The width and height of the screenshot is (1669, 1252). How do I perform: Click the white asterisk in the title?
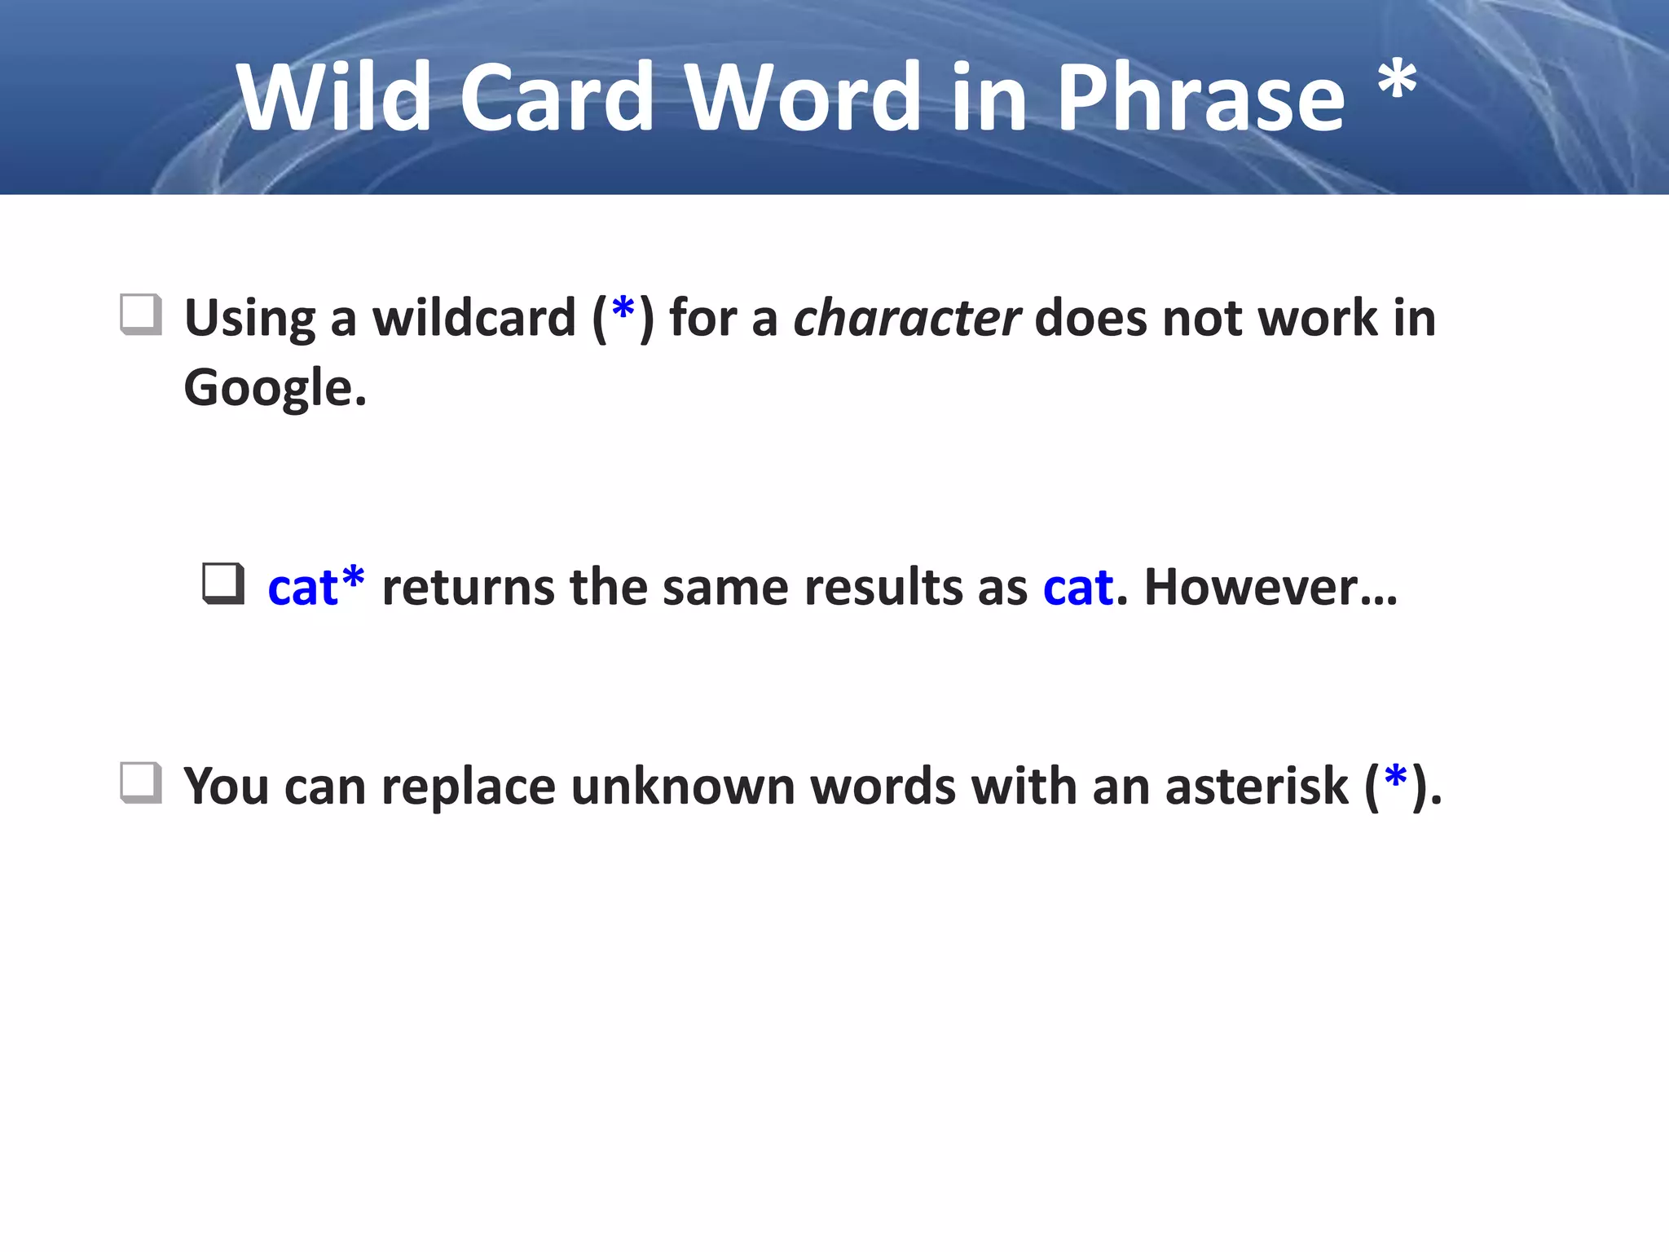coord(1397,82)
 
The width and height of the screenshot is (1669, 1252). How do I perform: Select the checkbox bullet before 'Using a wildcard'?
coord(140,315)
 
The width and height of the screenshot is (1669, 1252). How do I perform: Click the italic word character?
coord(906,318)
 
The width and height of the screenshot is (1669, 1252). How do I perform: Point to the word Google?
coord(273,388)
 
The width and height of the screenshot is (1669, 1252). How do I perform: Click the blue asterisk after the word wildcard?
coord(623,311)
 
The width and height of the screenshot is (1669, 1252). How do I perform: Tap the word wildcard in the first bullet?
coord(474,318)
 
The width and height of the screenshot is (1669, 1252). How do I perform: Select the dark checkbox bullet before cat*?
coord(222,584)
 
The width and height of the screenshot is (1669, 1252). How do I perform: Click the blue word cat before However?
coord(1077,587)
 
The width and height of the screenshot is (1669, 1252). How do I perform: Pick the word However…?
coord(1270,587)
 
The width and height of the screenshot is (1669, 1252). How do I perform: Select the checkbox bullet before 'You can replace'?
coord(140,782)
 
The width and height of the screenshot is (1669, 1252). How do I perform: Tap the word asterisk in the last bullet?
coord(1257,787)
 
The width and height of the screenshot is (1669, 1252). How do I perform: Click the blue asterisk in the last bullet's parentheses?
coord(1395,778)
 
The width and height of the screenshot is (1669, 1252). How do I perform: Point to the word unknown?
coord(682,787)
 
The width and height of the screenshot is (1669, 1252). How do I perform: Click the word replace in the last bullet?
coord(468,787)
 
